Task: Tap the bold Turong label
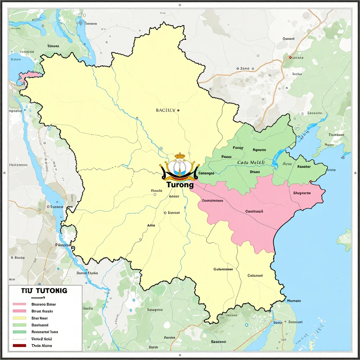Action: pos(180,184)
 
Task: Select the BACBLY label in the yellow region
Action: pos(165,110)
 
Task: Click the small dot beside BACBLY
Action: pos(178,110)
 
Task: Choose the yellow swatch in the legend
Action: pos(19,318)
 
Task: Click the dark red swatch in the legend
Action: pos(19,346)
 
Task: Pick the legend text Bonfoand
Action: pos(40,325)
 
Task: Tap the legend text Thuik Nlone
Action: pos(41,346)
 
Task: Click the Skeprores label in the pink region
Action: pos(302,193)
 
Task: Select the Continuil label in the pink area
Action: pos(254,212)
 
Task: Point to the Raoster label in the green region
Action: pos(304,167)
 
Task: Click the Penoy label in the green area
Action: pos(238,148)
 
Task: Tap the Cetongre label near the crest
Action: pos(206,173)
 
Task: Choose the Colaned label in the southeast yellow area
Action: pos(255,276)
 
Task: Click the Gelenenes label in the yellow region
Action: pos(223,269)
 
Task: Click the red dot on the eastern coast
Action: pos(311,182)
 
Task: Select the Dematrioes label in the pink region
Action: pos(213,201)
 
